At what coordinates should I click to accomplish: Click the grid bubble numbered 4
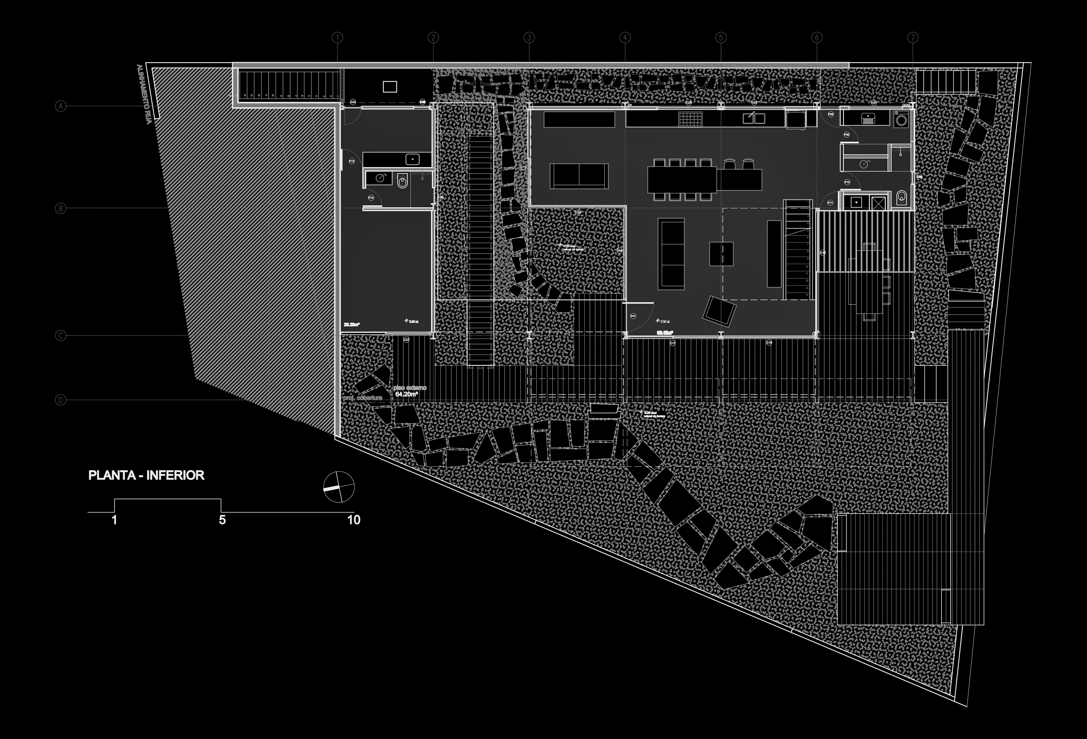click(625, 37)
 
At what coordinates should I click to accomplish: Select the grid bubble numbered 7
click(913, 37)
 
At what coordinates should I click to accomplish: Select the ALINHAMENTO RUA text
click(143, 94)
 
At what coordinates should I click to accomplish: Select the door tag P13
click(352, 161)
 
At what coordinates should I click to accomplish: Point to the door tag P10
click(847, 182)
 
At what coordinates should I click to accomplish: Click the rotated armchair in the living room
click(720, 310)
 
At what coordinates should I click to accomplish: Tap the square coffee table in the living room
click(721, 254)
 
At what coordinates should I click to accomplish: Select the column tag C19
click(578, 212)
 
